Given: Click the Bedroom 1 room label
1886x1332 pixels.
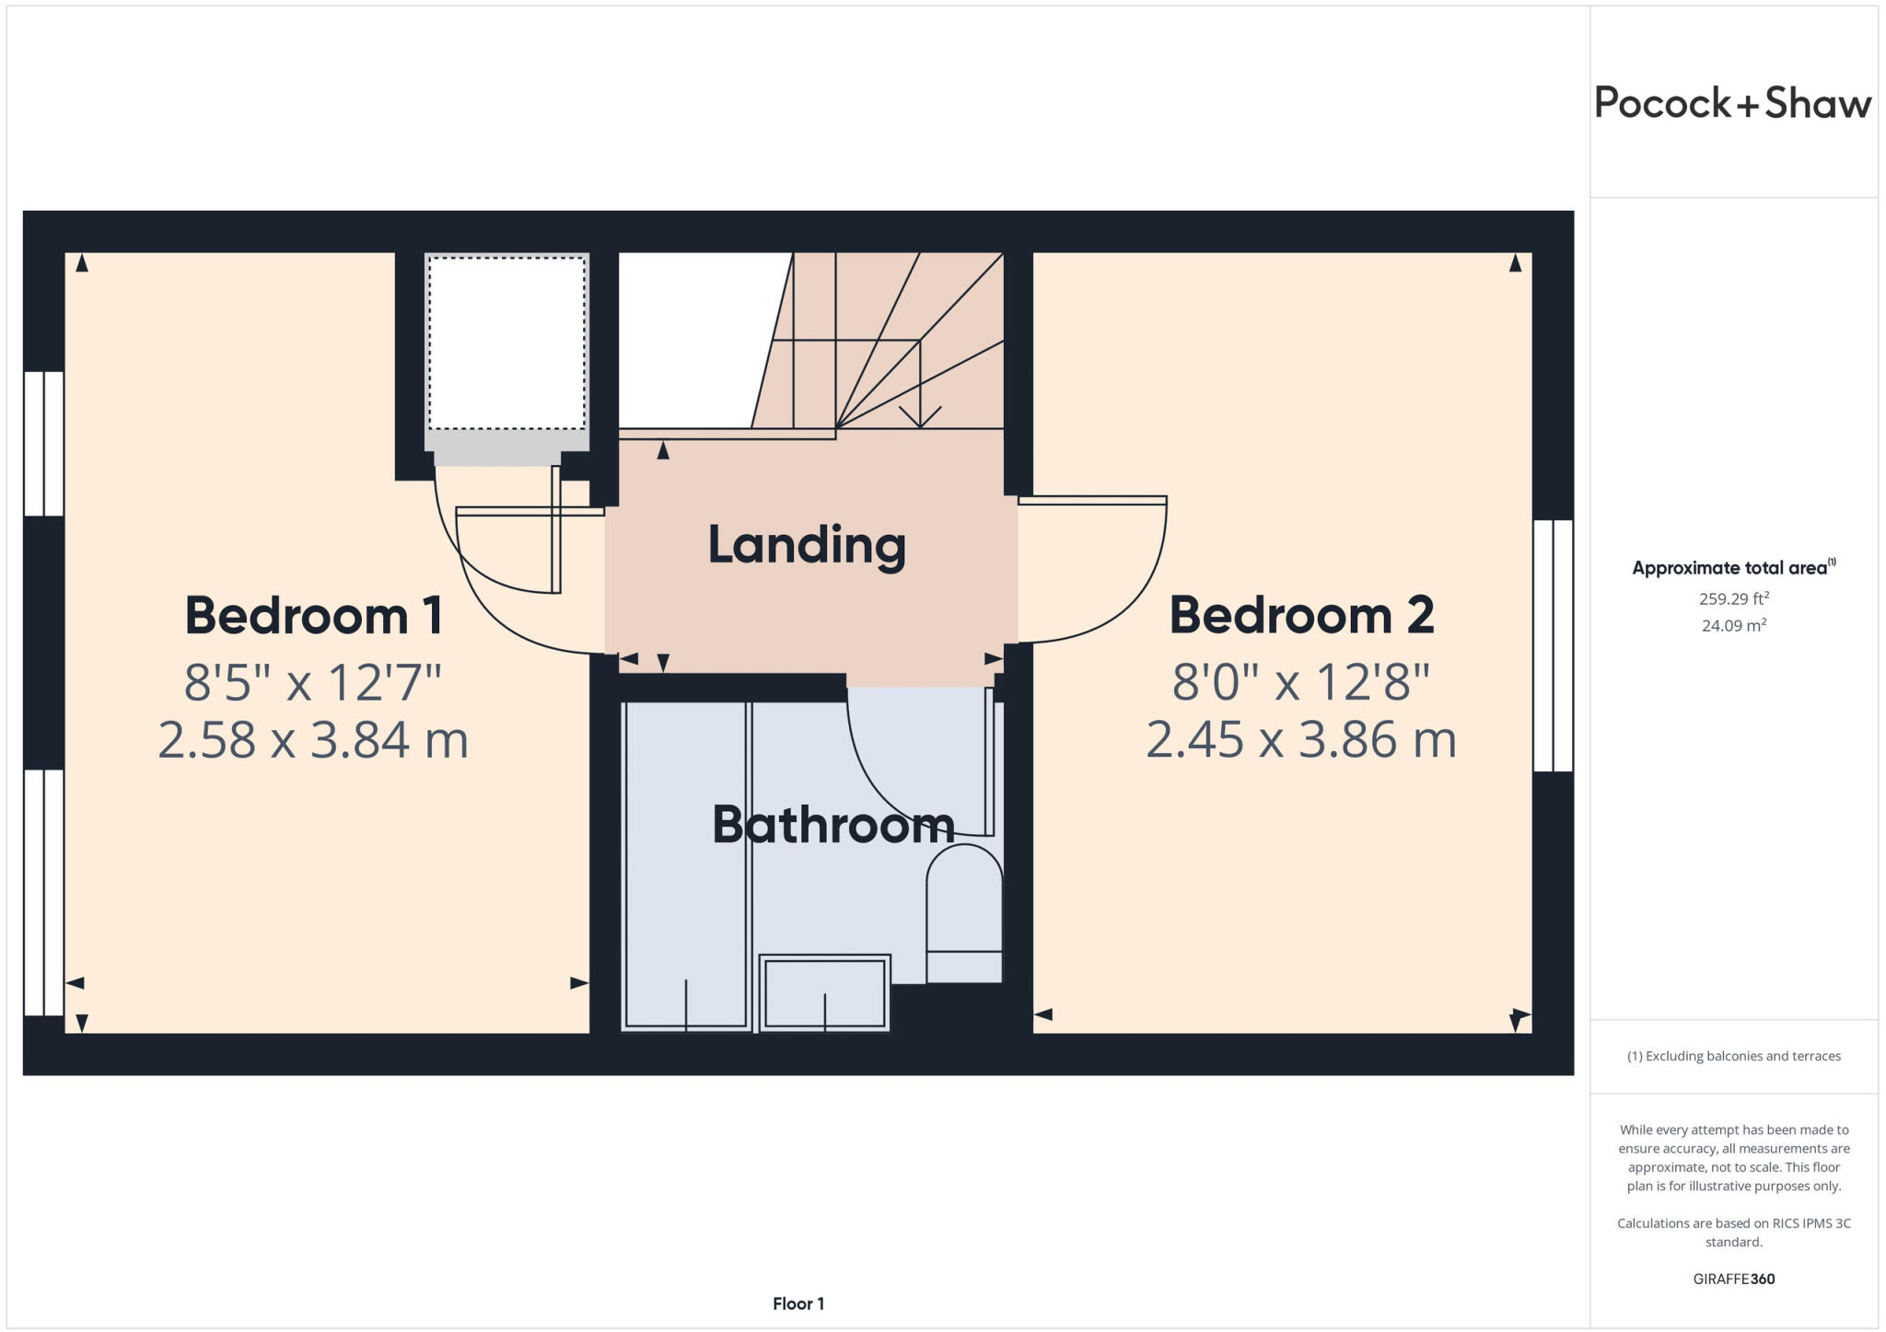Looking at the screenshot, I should click(314, 615).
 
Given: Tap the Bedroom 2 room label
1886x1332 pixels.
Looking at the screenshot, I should click(1301, 615).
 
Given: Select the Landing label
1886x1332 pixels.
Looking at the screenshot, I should click(807, 545).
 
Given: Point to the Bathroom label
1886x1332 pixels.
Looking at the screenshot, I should click(833, 825).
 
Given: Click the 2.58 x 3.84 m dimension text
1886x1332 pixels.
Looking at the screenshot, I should click(313, 740).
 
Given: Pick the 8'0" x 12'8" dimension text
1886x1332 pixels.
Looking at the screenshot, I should click(1301, 683).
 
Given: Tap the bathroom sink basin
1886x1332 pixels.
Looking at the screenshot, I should click(824, 993).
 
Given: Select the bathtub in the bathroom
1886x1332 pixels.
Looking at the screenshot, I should click(686, 865).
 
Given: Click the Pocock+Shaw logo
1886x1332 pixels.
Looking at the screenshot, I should click(1733, 103).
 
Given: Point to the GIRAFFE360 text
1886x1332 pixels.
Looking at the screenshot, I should click(1733, 1279).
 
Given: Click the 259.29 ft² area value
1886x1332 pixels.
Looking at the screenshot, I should click(1733, 598).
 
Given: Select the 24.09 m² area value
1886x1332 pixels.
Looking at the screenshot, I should click(1733, 625).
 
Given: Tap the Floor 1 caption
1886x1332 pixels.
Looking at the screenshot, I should click(798, 1303).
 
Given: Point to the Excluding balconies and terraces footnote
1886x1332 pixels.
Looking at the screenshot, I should click(1733, 1056).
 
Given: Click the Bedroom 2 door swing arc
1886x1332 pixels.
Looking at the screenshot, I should click(1142, 598).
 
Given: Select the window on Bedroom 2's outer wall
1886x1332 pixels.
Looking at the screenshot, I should click(1553, 645).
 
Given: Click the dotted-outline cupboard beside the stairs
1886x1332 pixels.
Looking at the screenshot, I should click(506, 342).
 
